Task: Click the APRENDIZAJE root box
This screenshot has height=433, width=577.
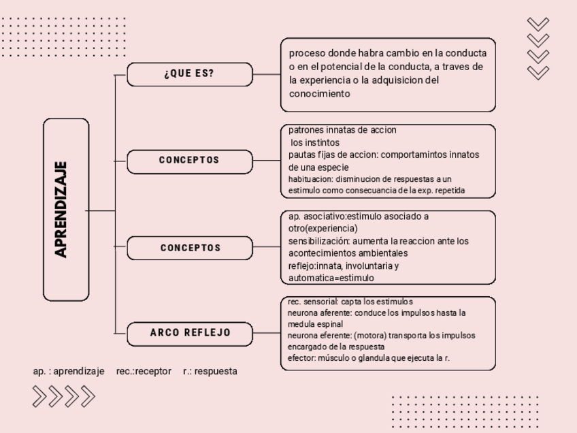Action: click(66, 210)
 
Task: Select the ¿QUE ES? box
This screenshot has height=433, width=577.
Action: click(189, 74)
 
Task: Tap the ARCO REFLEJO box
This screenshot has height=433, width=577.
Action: click(190, 333)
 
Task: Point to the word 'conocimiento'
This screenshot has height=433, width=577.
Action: click(319, 94)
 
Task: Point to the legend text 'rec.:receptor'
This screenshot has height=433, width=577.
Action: click(144, 371)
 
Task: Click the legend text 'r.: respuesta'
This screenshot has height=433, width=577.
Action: click(210, 371)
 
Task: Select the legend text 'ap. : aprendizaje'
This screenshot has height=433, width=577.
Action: click(69, 371)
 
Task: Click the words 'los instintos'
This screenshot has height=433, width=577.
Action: click(314, 142)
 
